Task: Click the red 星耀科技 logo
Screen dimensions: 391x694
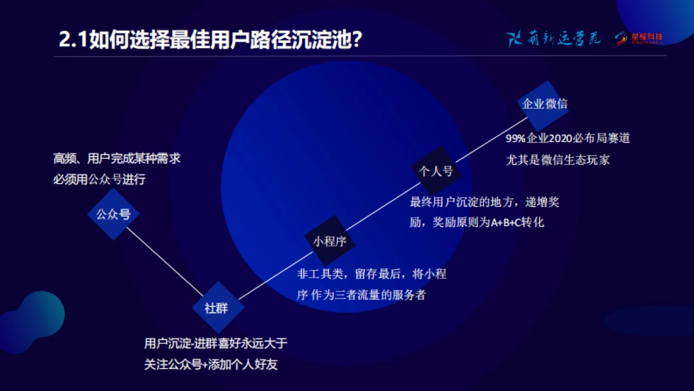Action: pos(640,38)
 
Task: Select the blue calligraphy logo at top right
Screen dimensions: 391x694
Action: pos(554,38)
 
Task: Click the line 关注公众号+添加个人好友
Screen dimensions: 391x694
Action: pos(211,365)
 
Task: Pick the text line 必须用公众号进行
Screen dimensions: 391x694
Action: pos(99,180)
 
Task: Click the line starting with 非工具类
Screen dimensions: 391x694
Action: pos(371,274)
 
